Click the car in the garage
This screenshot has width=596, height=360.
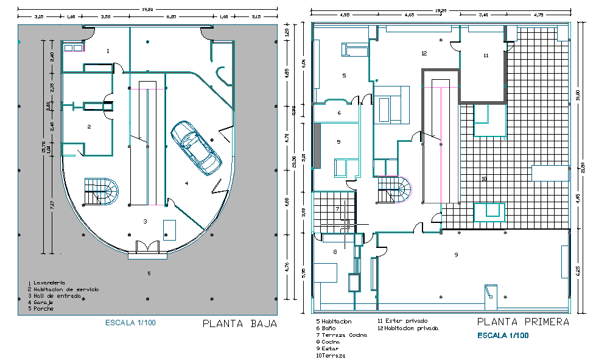(x=196, y=147)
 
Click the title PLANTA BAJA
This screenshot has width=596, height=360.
(x=239, y=324)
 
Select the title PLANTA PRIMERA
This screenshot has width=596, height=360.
(x=523, y=322)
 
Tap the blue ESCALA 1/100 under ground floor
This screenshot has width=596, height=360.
(x=130, y=323)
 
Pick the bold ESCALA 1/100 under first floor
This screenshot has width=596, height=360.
(x=502, y=336)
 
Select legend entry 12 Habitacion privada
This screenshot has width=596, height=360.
(x=407, y=328)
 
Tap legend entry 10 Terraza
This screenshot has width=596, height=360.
(x=331, y=355)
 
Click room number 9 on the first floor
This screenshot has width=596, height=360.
(x=455, y=255)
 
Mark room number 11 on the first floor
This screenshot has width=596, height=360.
(x=486, y=55)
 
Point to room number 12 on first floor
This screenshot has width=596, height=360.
(x=424, y=54)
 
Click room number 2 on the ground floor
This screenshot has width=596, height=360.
(x=89, y=127)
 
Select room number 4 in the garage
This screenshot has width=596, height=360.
(x=187, y=183)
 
